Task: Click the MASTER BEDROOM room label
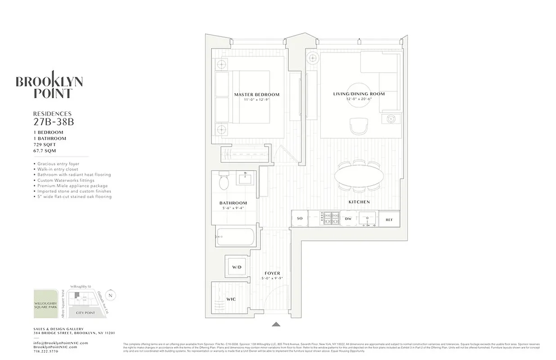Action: [256, 94]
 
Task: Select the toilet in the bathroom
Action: [224, 181]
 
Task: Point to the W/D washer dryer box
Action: [237, 267]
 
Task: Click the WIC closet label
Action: [231, 299]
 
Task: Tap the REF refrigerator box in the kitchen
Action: [389, 219]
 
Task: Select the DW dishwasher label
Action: [348, 219]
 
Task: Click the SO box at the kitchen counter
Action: [300, 219]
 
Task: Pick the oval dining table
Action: [359, 176]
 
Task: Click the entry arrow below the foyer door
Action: [276, 324]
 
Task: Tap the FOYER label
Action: [272, 273]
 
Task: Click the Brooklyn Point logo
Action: [49, 85]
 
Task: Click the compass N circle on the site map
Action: [111, 295]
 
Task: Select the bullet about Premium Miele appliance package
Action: [72, 186]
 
